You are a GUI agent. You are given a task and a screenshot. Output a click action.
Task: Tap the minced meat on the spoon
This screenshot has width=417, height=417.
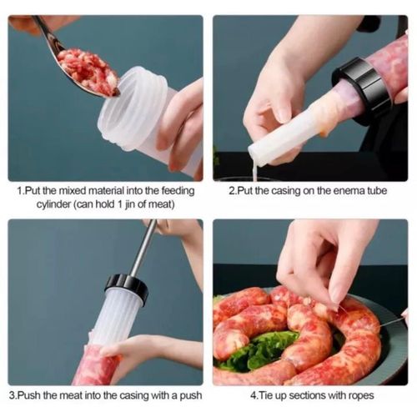point(88,71)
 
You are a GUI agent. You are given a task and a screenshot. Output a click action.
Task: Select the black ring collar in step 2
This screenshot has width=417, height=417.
point(362,88)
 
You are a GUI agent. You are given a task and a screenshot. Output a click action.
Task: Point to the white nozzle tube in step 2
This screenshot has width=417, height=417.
point(279,142)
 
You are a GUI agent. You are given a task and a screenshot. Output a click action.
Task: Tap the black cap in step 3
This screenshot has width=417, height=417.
point(126,287)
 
